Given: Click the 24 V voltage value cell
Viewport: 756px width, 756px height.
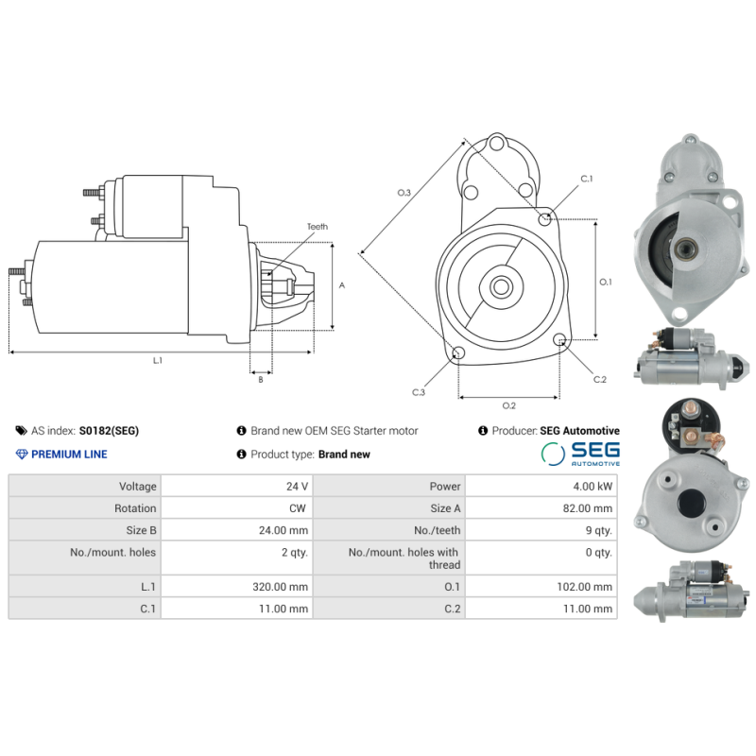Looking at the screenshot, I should tap(298, 487).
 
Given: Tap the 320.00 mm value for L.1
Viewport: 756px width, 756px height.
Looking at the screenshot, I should tap(285, 587).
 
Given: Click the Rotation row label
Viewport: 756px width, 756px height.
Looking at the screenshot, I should tap(135, 508).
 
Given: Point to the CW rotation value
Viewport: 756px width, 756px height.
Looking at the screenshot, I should tap(300, 508).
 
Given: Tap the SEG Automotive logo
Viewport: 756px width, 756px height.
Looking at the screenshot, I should tap(580, 454).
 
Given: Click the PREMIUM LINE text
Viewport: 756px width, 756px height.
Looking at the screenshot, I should tap(69, 455).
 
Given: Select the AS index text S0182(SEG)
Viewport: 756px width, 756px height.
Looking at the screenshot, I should tap(109, 431).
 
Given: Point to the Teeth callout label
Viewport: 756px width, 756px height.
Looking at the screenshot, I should tap(317, 227).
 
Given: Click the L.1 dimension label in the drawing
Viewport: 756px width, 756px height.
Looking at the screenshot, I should tap(158, 360).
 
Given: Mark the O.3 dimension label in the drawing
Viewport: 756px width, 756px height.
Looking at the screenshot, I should tap(404, 193).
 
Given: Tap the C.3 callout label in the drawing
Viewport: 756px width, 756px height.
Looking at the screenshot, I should tap(418, 391).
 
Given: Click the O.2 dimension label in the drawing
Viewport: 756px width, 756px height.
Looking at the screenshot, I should tap(508, 405).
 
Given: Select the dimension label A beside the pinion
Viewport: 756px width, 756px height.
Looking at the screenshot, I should tap(342, 284).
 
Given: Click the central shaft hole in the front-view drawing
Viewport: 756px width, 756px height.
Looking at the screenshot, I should tap(502, 285).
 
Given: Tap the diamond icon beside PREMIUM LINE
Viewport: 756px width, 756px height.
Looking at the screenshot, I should tap(22, 455).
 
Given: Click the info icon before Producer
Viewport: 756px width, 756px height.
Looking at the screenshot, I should tap(483, 431).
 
